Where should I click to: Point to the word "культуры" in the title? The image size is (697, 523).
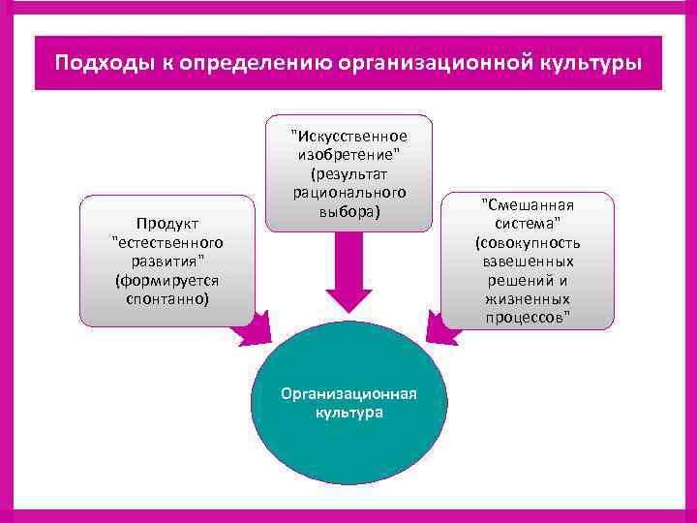point(591,63)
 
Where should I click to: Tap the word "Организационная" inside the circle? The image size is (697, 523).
point(348,393)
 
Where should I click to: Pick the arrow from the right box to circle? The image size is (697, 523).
point(443,329)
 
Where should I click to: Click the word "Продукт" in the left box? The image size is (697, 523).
point(167,223)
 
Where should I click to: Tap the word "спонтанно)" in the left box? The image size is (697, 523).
point(167,299)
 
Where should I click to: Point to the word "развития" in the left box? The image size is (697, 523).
point(166,261)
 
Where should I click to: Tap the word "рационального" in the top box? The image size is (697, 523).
point(348,193)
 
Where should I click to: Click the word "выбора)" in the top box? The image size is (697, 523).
point(348,211)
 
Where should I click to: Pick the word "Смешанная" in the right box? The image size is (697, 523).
point(528,204)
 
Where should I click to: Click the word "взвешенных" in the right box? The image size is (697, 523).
point(528,261)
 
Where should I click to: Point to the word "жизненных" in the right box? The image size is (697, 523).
point(528,299)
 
